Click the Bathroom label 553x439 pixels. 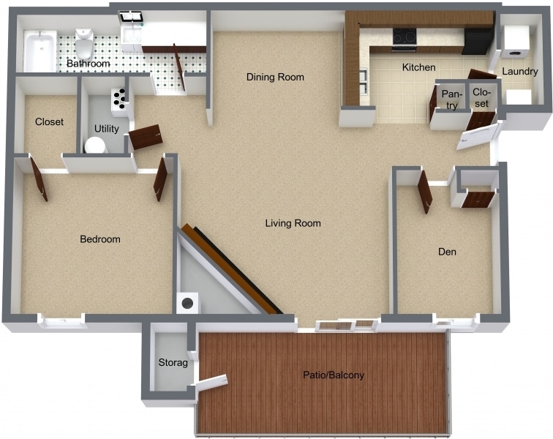[88, 64]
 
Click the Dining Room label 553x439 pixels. [275, 77]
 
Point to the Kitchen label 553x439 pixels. [419, 67]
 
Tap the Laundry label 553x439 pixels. [519, 72]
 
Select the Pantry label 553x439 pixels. [451, 100]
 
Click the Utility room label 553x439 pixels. [107, 129]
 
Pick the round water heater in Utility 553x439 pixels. [95, 146]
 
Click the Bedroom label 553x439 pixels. [100, 239]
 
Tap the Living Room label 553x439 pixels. [293, 223]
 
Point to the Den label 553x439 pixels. [447, 252]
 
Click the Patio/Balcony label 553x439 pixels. [334, 375]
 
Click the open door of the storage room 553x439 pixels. [211, 382]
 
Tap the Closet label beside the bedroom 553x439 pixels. [49, 121]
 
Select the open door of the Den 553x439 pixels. [424, 192]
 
